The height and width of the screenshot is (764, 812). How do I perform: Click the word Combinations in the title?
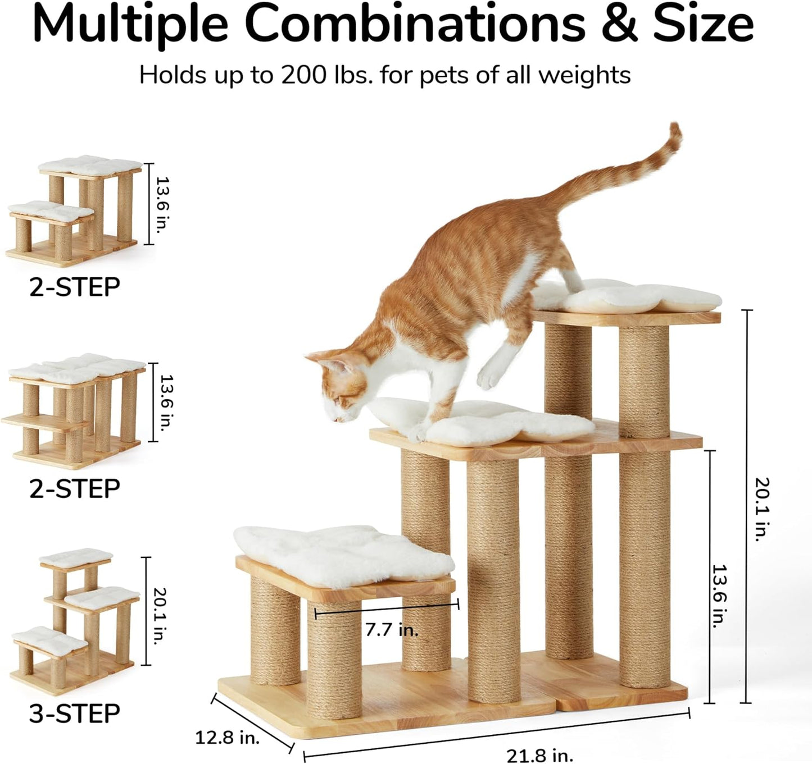(x=415, y=24)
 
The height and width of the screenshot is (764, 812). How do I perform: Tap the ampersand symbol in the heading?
(x=620, y=24)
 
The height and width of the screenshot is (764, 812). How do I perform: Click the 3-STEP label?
(x=75, y=713)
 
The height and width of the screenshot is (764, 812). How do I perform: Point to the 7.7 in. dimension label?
(x=392, y=630)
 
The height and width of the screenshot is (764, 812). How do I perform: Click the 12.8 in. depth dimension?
(x=227, y=737)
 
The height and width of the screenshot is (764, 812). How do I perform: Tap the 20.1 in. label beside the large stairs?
(x=761, y=509)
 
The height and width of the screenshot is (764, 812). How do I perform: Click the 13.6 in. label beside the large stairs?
(x=719, y=596)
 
